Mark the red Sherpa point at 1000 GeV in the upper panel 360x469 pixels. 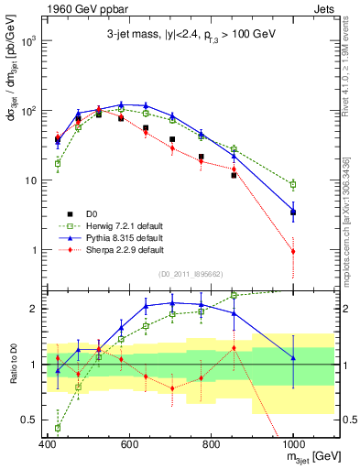click(293, 251)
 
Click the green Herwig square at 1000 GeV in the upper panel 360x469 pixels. click(293, 184)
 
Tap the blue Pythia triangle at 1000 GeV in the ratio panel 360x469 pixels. click(293, 357)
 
